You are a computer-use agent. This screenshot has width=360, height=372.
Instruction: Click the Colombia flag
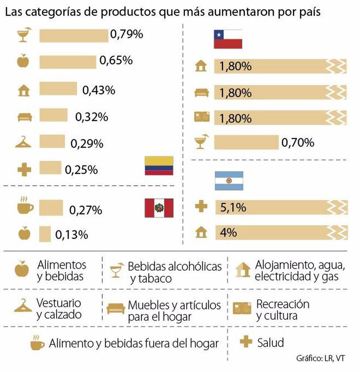pos(159,166)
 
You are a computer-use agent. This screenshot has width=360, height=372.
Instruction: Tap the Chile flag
pos(228,39)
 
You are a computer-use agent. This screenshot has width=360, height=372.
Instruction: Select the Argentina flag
pos(229,181)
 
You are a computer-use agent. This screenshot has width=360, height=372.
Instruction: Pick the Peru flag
pos(159,208)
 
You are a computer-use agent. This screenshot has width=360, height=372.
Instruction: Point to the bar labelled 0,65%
pos(68,62)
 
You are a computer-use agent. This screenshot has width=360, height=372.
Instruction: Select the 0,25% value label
pos(81,170)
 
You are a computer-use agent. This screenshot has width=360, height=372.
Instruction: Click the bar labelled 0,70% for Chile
pos(246,142)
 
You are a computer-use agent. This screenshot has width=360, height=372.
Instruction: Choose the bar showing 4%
pos(281,233)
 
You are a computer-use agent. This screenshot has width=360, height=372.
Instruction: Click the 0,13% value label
pos(72,234)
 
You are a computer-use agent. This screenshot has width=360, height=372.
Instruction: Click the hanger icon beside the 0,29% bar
pos(24,142)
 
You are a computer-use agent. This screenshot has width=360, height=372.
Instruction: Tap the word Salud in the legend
pos(270,343)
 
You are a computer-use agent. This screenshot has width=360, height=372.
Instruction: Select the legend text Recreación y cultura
pos(282,310)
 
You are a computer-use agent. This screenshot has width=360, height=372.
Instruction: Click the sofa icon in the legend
pos(116,308)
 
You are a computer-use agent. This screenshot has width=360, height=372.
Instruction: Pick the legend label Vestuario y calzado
pos(59,309)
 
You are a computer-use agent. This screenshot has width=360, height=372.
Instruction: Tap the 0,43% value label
pos(99,90)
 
